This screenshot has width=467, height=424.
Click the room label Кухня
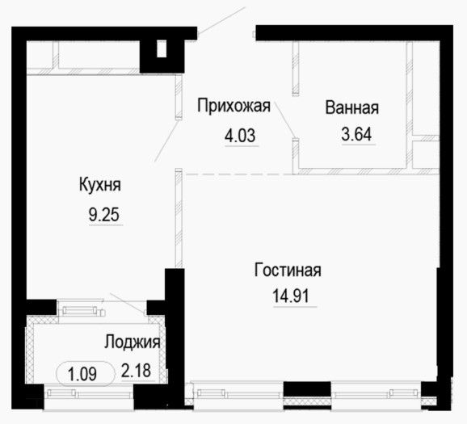[100, 185]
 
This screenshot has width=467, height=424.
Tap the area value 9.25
[104, 214]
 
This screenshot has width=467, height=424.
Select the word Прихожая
[234, 106]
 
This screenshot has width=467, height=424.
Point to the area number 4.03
[240, 136]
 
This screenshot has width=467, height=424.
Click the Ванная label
[351, 107]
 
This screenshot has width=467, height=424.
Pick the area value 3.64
[356, 134]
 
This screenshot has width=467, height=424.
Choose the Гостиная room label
[288, 270]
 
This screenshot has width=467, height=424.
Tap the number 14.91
[291, 296]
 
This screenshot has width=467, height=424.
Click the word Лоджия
[133, 342]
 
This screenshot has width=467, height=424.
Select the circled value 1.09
[85, 374]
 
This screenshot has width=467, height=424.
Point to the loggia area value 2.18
[136, 371]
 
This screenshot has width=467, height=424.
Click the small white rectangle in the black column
[162, 48]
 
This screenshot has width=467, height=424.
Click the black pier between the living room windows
[307, 389]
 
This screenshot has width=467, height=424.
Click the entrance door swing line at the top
[221, 20]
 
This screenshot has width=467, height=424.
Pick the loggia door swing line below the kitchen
[128, 303]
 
